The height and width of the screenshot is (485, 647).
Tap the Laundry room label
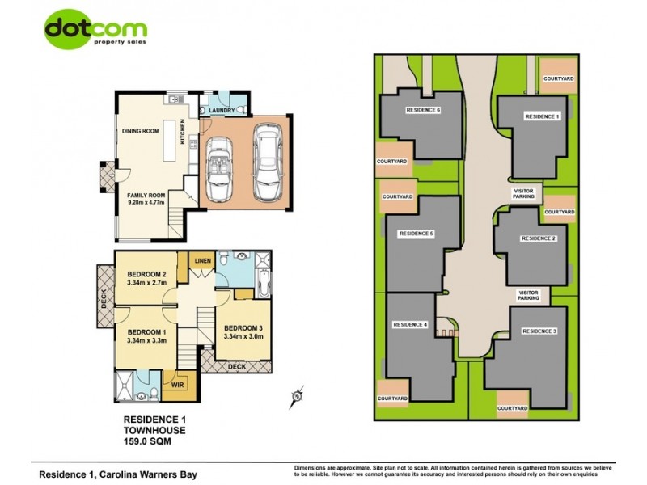pyautogui.click(x=222, y=110)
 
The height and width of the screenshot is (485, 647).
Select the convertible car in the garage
pyautogui.click(x=218, y=168)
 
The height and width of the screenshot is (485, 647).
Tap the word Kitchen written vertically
pyautogui.click(x=183, y=132)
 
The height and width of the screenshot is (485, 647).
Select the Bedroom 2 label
pyautogui.click(x=146, y=274)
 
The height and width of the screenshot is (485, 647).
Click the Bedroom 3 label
pyautogui.click(x=243, y=327)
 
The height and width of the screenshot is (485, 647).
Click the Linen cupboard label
pyautogui.click(x=201, y=260)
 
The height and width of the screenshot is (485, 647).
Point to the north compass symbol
pyautogui.click(x=297, y=396)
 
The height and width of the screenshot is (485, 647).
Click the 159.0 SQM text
pyautogui.click(x=147, y=442)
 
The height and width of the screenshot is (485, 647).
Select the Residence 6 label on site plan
pyautogui.click(x=423, y=110)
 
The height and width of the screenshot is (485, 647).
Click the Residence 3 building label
pyautogui.click(x=539, y=331)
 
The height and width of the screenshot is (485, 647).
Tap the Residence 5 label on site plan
pyautogui.click(x=417, y=234)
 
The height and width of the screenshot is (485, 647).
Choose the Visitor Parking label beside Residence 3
pyautogui.click(x=528, y=295)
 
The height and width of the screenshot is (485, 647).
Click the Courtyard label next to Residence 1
pyautogui.click(x=559, y=78)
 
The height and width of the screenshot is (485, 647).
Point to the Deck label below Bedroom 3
pyautogui.click(x=236, y=366)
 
